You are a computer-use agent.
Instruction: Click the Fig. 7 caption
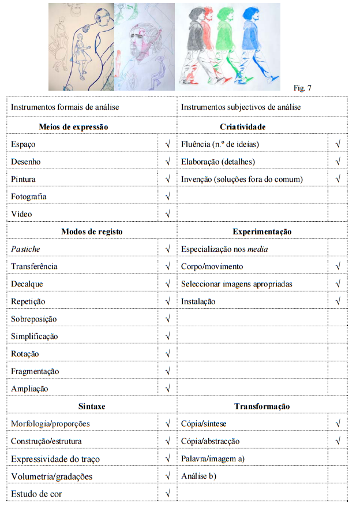click(302, 88)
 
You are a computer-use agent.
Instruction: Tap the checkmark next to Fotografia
click(167, 197)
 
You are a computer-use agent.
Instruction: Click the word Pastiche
click(26, 249)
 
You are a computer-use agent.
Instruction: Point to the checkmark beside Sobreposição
click(167, 319)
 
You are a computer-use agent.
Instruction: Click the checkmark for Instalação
click(337, 301)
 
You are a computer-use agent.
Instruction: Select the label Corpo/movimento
click(212, 266)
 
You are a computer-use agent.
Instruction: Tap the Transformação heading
click(262, 406)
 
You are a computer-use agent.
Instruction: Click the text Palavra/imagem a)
click(213, 458)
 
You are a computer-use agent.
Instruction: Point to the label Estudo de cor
click(36, 494)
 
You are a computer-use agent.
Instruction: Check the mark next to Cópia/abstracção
click(337, 441)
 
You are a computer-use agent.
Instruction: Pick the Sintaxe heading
click(91, 406)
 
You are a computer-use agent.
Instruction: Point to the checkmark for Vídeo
click(167, 214)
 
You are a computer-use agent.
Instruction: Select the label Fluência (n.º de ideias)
click(220, 144)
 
